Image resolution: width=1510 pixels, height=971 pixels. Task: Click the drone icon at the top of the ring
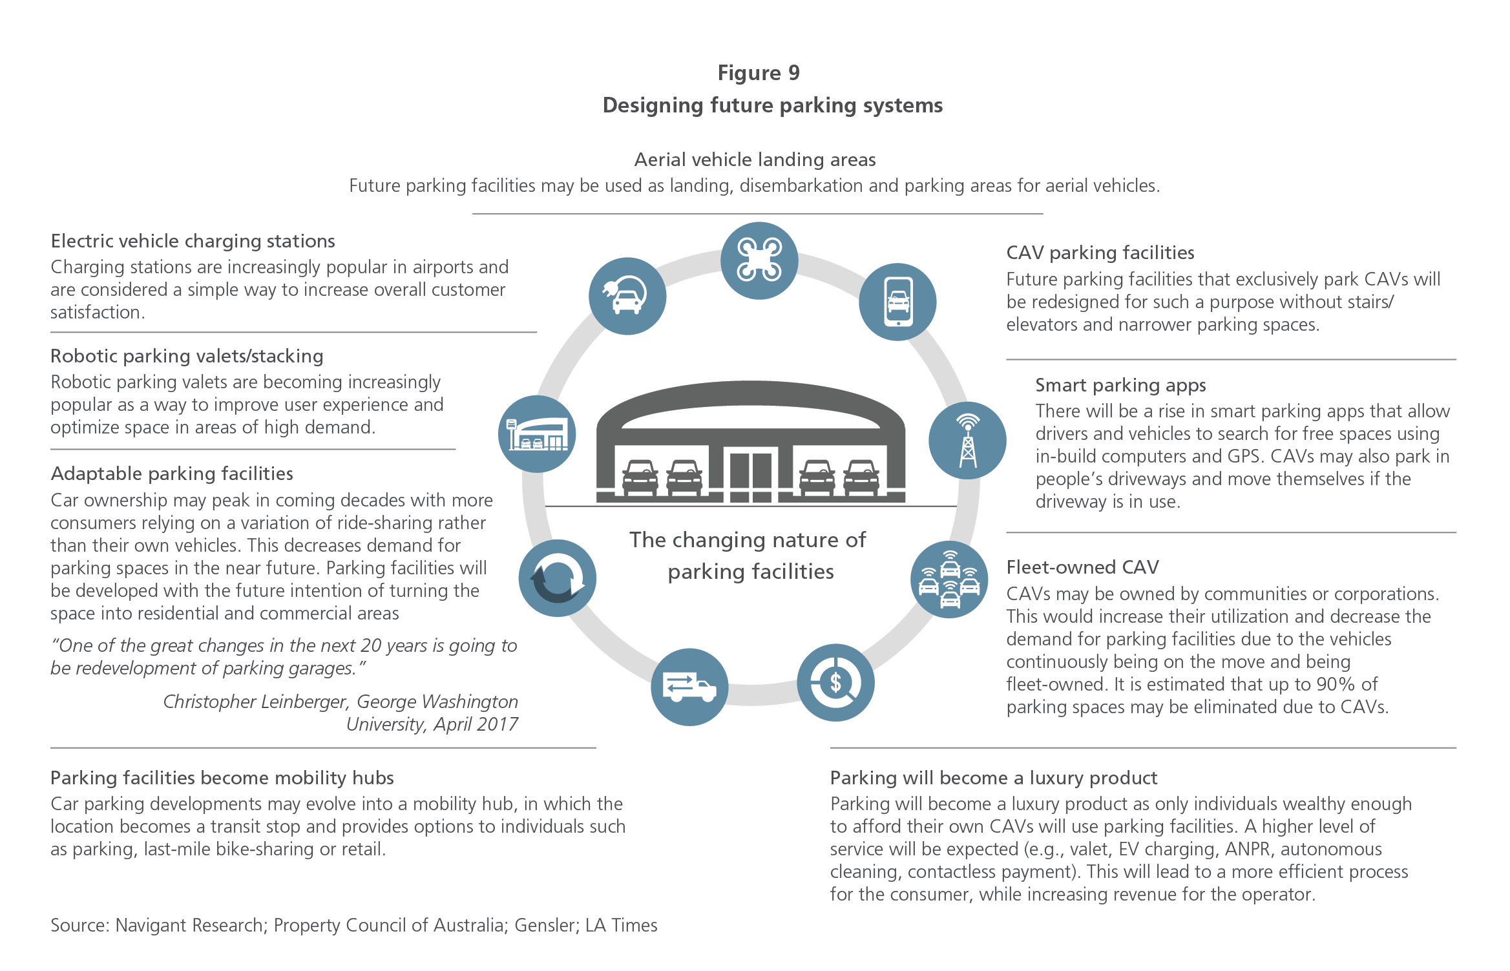(759, 260)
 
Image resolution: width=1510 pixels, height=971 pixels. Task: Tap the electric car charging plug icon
(627, 296)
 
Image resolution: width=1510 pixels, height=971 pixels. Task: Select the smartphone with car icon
(897, 302)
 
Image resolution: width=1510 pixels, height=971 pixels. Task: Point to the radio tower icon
(967, 441)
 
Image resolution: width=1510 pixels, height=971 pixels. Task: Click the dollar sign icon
(835, 683)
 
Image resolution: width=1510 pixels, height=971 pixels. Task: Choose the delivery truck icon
(689, 687)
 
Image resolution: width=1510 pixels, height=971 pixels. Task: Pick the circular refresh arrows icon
(558, 578)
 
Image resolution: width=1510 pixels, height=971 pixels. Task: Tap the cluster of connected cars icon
(949, 579)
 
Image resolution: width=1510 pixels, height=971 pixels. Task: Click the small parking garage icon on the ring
(537, 434)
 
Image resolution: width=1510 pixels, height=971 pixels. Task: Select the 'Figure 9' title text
(759, 73)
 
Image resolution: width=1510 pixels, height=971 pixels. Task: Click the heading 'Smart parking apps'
(1120, 385)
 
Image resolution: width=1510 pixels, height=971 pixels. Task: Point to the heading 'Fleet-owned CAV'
(1083, 567)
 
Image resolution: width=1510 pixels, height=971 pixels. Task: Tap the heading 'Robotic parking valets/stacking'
(187, 356)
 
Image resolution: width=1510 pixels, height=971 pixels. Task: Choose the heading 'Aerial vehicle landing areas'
(755, 160)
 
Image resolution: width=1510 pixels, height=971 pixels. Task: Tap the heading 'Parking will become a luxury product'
(994, 778)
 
